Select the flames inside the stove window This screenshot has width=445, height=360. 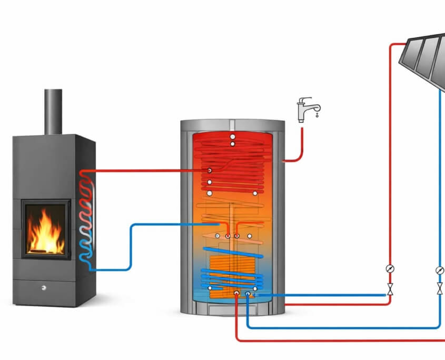click(x=46, y=232)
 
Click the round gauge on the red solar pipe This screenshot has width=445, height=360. click(x=390, y=269)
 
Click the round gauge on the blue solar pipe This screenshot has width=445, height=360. click(x=440, y=270)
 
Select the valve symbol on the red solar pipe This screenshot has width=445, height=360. click(x=390, y=289)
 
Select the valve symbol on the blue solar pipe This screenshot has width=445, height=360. click(x=440, y=289)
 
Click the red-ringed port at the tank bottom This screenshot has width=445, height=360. click(x=236, y=293)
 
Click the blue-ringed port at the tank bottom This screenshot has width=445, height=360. click(x=248, y=294)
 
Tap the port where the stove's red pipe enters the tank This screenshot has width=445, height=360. click(x=210, y=171)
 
